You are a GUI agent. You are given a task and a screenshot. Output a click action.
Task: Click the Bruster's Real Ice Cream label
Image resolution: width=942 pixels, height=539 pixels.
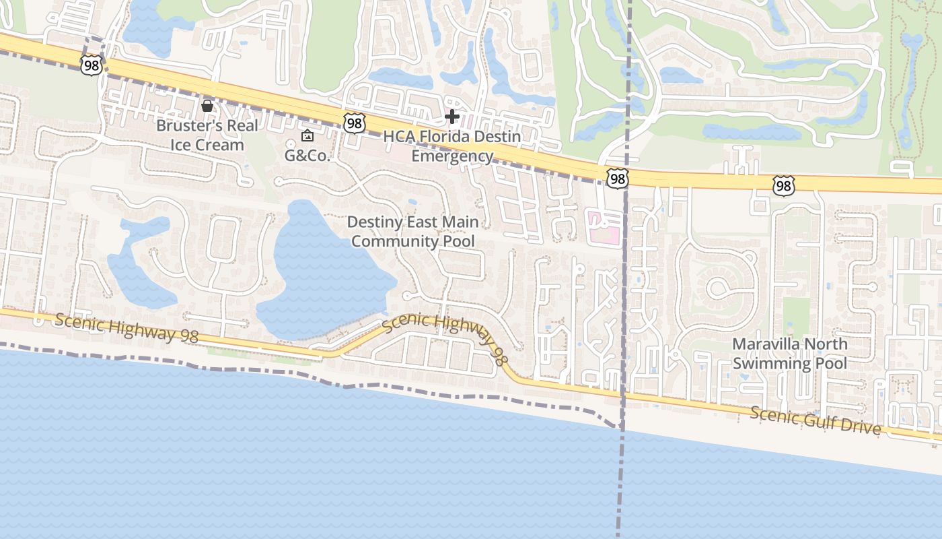pos(200,135)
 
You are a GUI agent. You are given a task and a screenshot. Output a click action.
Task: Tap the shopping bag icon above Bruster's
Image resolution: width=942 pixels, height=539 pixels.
pos(207,106)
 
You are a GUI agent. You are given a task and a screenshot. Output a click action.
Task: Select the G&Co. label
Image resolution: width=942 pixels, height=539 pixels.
pos(307,156)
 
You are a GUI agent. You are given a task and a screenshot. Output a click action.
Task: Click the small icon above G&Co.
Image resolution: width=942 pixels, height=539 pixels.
pos(307,135)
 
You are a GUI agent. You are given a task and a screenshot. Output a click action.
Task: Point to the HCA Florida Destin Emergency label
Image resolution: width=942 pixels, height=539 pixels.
pos(452,146)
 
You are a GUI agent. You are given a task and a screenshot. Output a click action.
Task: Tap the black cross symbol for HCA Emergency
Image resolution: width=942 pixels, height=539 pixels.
pos(452,117)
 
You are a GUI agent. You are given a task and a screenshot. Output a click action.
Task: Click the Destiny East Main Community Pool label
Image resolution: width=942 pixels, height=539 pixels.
pos(413,231)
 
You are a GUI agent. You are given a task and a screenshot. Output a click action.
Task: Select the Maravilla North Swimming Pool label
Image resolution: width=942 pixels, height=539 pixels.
pos(790,353)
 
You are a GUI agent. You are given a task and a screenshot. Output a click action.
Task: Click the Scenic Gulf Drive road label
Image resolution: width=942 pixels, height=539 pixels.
pos(816,420)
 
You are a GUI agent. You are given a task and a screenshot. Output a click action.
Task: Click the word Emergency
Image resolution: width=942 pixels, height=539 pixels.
pos(452,156)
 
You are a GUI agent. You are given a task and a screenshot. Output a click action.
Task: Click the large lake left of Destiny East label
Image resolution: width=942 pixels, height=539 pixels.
pos(323,269)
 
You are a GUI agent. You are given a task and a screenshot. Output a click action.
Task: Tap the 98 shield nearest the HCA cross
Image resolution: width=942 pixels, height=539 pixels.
pos(354,123)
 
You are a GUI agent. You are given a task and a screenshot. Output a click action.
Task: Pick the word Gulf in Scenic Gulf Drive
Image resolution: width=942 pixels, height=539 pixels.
pos(816,420)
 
